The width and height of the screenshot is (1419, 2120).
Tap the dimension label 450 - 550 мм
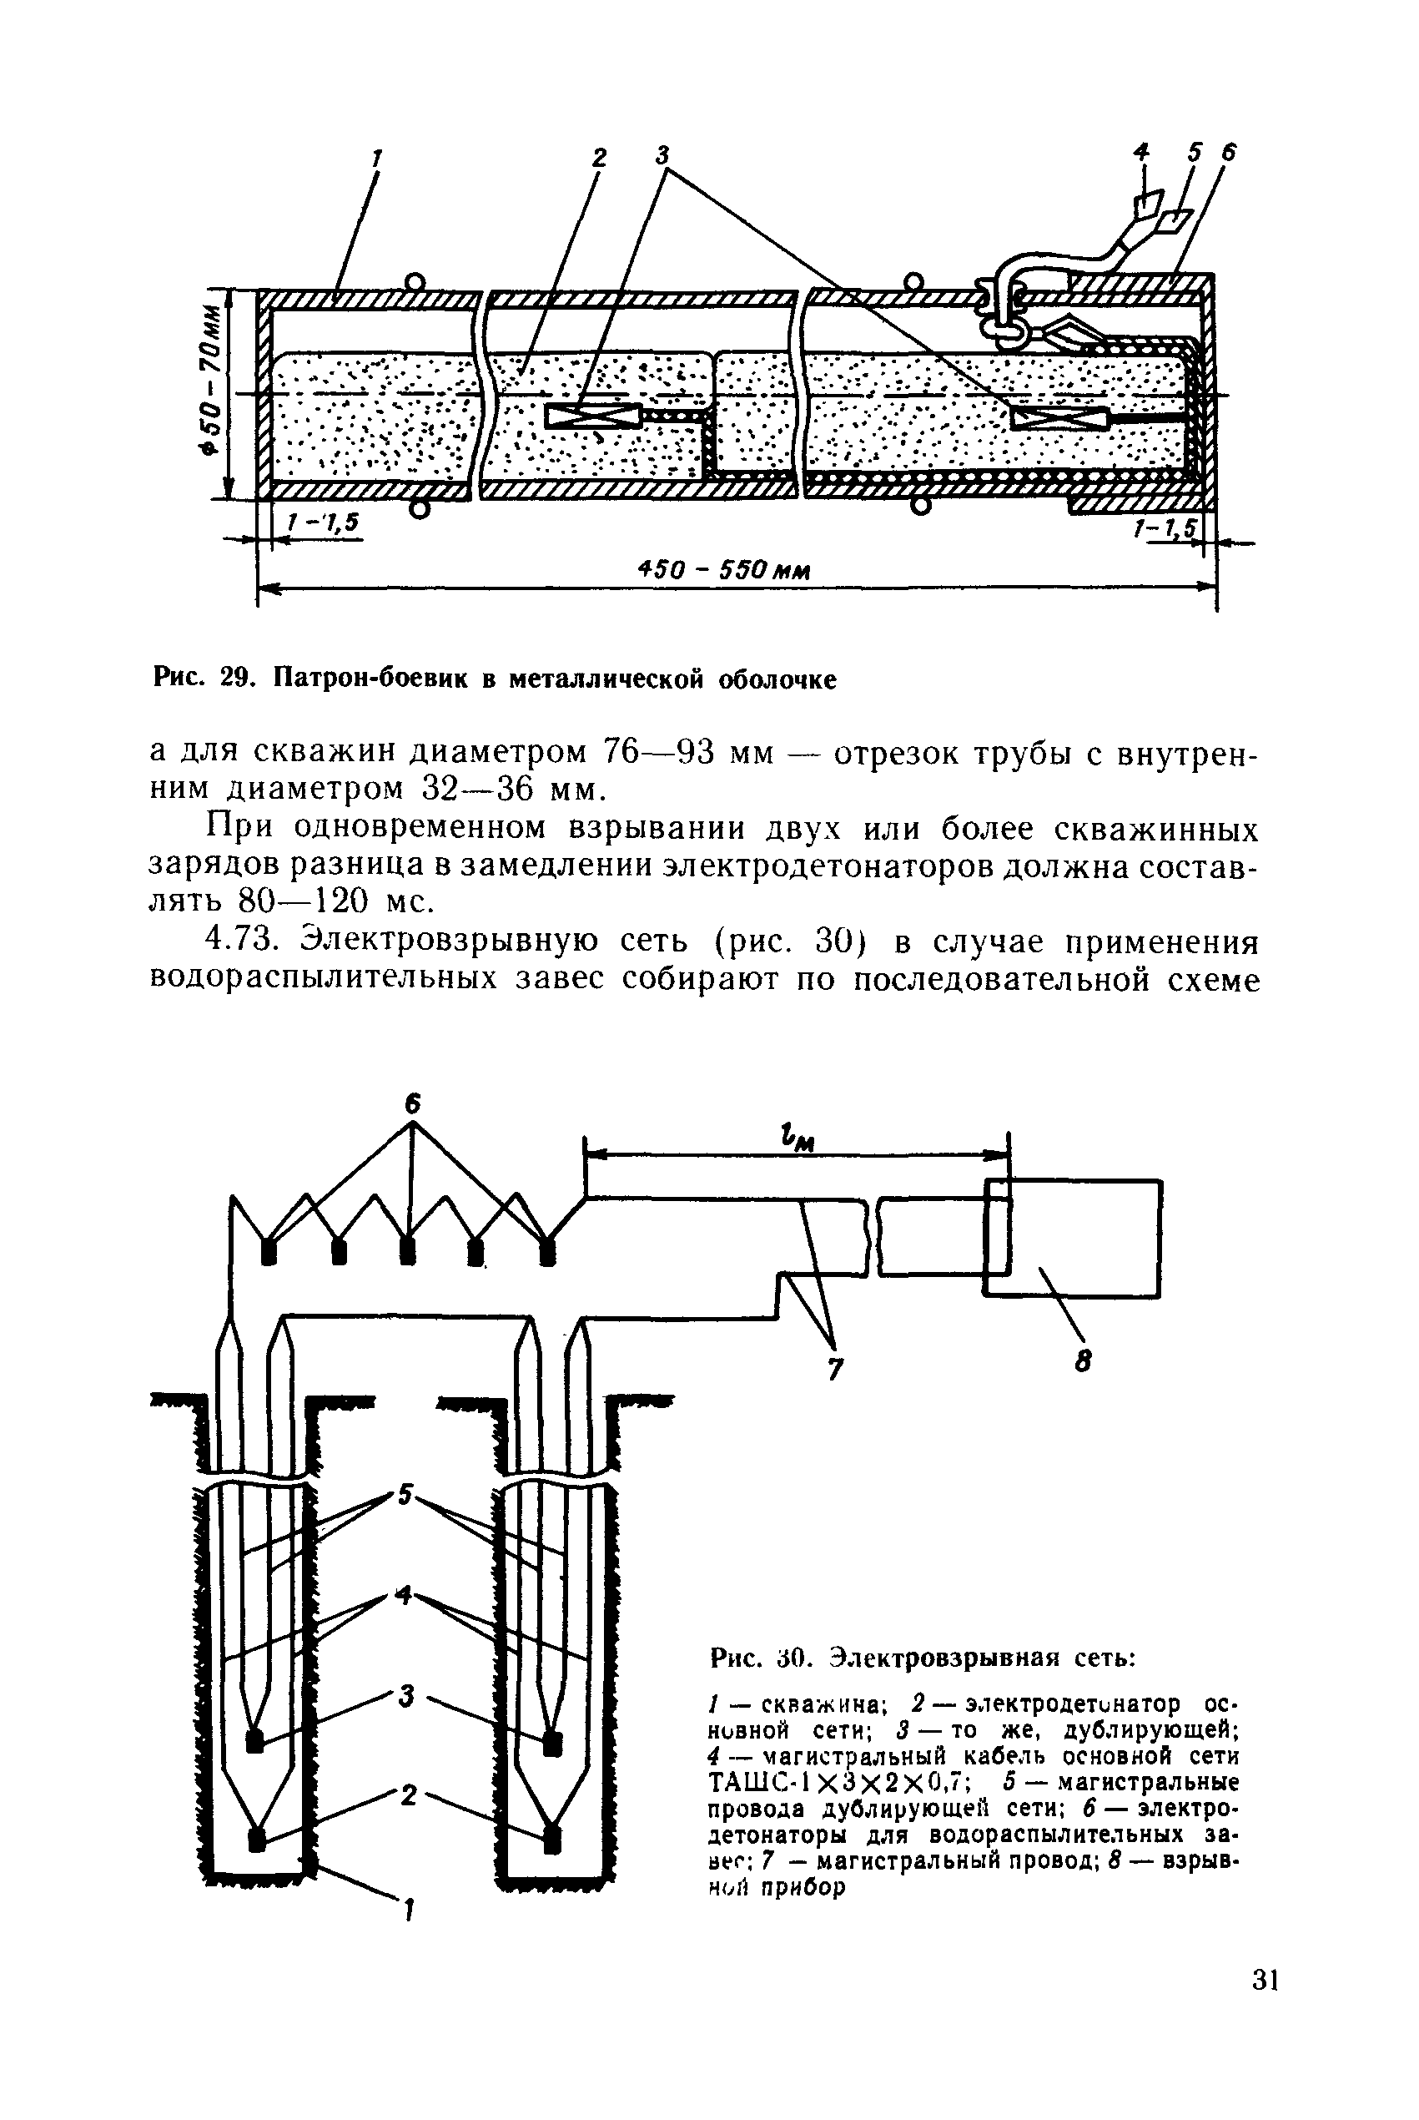723,571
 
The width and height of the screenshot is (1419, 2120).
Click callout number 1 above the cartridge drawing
378,158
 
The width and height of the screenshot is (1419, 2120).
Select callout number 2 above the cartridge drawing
599,158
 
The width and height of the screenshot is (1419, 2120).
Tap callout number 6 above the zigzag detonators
413,1104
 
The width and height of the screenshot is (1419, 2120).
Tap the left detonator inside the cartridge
593,416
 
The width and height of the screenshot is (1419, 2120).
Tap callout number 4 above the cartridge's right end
1142,152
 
